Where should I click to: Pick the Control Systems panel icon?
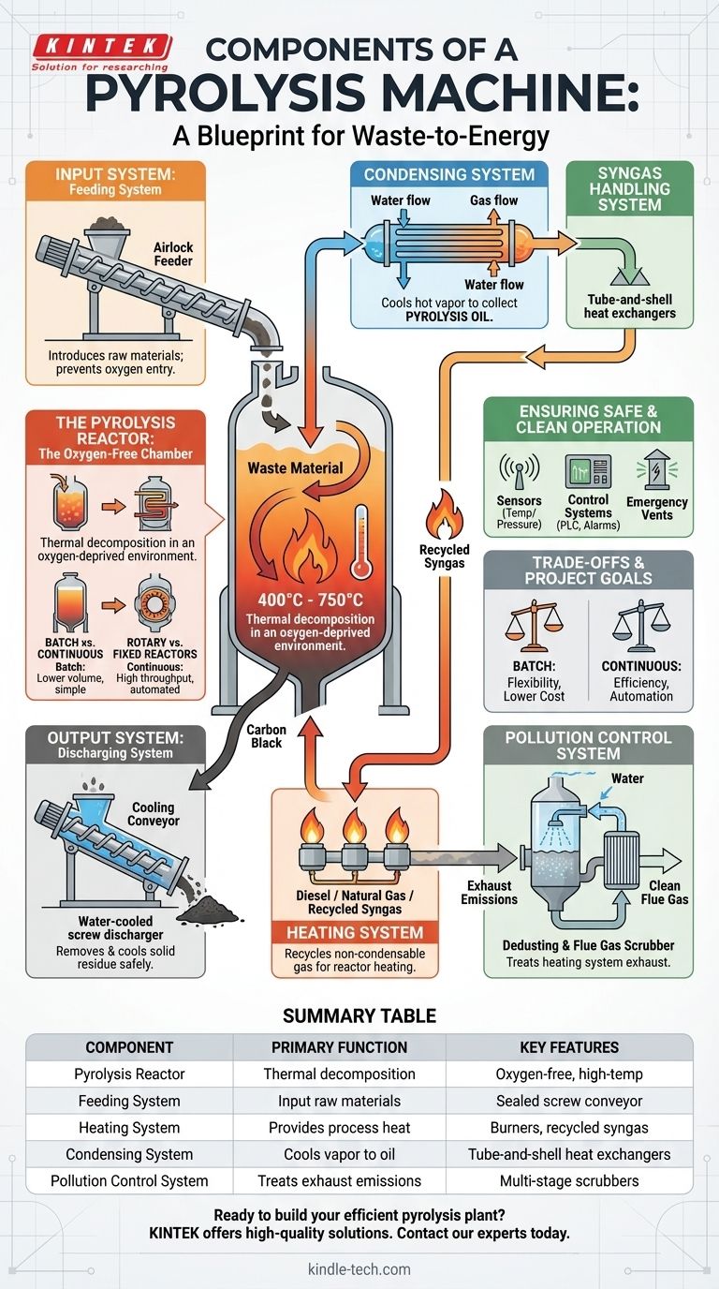coord(588,470)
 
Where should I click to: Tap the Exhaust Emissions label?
coord(489,892)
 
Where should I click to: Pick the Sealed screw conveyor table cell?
coord(569,1101)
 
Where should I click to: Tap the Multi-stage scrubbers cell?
coord(569,1180)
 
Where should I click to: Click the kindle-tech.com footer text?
coord(359,1269)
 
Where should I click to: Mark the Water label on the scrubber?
coord(627,778)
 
